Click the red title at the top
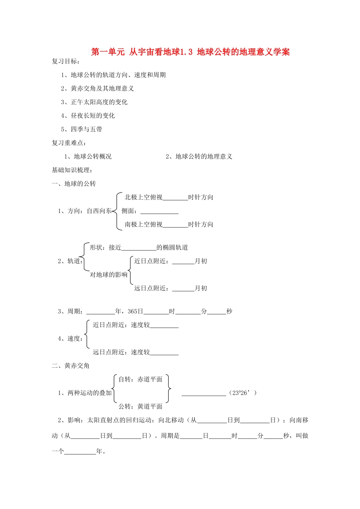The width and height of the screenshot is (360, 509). click(191, 52)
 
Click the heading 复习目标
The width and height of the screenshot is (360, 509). click(66, 61)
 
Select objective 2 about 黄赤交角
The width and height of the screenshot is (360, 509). click(97, 89)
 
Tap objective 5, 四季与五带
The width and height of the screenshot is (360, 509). click(81, 130)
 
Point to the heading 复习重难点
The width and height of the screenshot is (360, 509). click(69, 143)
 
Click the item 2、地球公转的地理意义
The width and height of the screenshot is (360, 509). click(199, 157)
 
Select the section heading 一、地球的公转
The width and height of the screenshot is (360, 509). click(74, 184)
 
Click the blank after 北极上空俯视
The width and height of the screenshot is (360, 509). click(175, 198)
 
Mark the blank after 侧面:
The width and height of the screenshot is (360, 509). click(159, 211)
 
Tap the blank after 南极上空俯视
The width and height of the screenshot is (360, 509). click(175, 225)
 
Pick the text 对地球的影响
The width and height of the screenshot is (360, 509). click(108, 275)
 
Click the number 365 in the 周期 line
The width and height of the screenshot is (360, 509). click(132, 312)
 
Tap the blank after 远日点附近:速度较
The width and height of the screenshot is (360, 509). click(164, 353)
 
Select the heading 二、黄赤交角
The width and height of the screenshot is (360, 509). click(71, 366)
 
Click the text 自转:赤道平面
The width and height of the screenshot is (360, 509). click(140, 379)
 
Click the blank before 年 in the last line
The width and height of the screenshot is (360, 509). click(80, 452)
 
